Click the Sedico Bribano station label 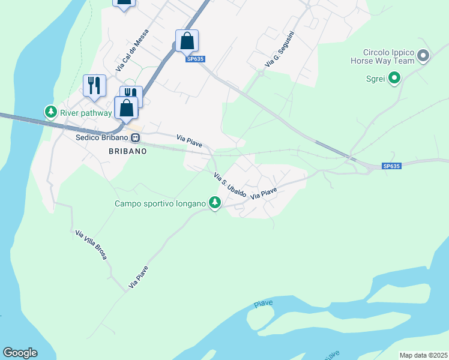[x=103, y=137]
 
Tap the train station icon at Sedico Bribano [x=136, y=137]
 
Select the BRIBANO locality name [x=128, y=152]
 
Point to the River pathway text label [x=86, y=112]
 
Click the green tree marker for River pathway [x=51, y=112]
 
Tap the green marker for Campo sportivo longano [x=214, y=203]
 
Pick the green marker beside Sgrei [x=394, y=78]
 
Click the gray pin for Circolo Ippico [x=423, y=56]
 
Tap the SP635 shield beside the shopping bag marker [x=194, y=59]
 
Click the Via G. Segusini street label [x=279, y=48]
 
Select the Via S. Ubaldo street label [x=231, y=185]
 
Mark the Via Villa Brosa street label [x=91, y=244]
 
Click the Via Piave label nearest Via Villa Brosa [x=138, y=276]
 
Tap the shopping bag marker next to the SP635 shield [x=187, y=41]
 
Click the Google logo [x=20, y=353]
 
